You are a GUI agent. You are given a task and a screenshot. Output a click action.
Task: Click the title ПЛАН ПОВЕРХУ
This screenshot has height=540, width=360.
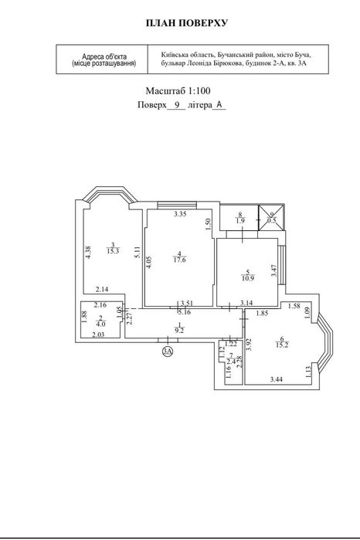(x=187, y=23)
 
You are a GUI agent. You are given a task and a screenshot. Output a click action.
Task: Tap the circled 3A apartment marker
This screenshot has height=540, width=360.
(x=168, y=351)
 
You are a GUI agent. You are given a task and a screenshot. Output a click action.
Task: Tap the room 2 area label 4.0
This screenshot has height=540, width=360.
(x=100, y=324)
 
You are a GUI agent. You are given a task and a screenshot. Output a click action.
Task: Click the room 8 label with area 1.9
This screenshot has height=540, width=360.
(x=240, y=219)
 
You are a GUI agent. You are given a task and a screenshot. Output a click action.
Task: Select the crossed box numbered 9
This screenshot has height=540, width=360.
(x=272, y=218)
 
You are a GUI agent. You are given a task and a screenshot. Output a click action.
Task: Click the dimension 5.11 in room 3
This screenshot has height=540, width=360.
(x=138, y=253)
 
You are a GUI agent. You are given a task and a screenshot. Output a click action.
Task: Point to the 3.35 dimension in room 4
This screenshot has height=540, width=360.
(x=180, y=214)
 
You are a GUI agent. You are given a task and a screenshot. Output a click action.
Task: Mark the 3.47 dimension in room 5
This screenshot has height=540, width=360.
(x=274, y=270)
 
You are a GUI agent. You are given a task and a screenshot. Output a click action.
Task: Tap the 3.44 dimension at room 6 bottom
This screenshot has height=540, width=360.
(x=277, y=379)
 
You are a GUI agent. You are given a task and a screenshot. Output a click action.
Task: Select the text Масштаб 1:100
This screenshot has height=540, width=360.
(x=178, y=91)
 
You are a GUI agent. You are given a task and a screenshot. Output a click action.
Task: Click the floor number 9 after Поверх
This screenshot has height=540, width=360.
(x=177, y=105)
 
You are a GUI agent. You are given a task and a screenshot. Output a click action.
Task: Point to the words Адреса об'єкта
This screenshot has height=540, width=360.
(x=104, y=56)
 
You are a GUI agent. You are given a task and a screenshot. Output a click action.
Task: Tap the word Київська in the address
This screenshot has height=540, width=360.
(x=172, y=55)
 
